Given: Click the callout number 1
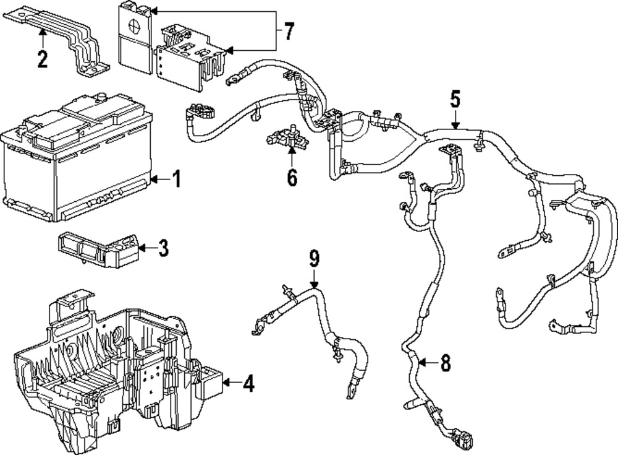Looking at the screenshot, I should coord(176,180).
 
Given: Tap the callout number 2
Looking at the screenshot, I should coord(42,59).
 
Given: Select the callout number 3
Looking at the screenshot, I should coord(163,249).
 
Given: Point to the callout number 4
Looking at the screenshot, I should coord(248,384).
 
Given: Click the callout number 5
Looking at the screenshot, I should coord(455,98).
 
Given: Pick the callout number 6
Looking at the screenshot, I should coord(291,177).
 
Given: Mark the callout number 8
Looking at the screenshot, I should coord(445,365).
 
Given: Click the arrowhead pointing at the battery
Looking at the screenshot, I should coord(154,180).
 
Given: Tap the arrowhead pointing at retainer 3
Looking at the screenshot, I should coord(142,249).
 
